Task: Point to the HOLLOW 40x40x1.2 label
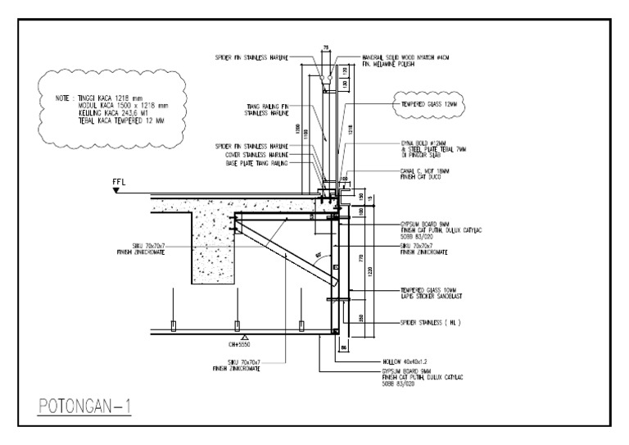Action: [x=405, y=360]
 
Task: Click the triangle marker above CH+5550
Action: [x=243, y=337]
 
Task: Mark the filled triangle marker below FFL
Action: [x=117, y=190]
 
